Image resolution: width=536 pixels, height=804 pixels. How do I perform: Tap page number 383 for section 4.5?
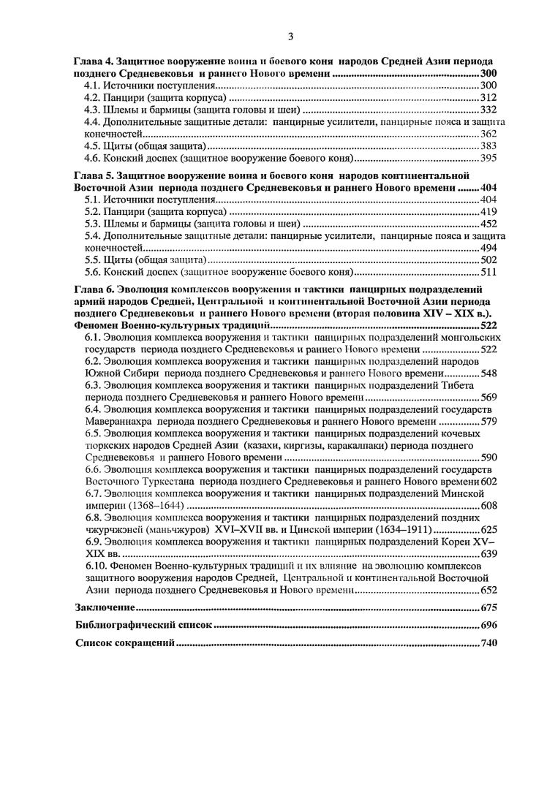click(488, 145)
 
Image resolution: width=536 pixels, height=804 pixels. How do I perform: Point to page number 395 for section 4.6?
click(488, 157)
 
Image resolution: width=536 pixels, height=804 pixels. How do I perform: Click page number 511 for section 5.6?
click(488, 271)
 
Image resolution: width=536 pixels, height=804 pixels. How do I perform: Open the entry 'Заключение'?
click(105, 607)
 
